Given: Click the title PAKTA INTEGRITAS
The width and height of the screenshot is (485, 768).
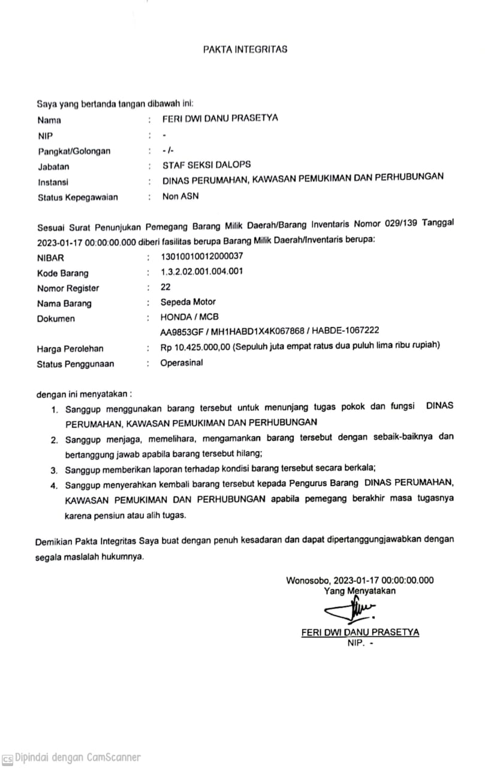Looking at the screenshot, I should pos(245,49).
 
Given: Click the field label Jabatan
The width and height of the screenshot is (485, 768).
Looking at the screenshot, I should pos(53,167).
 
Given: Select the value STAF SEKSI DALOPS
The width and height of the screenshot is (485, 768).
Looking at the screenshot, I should pos(207,164).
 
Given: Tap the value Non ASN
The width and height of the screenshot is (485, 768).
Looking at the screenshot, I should pos(180,196).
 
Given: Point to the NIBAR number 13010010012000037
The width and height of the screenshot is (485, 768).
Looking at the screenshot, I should pos(202,256).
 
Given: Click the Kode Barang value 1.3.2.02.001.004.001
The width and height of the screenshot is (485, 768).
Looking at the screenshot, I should pos(201,271).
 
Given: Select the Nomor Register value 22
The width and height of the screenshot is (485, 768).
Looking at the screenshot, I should pos(165,287).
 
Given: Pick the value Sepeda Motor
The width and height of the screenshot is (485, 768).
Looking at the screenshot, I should pos(188,302).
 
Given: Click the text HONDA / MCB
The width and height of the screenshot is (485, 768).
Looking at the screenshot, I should pos(185,317).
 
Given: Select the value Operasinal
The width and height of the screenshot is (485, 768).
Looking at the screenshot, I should pos(182,363).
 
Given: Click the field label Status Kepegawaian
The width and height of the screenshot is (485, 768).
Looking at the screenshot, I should pos(77,197).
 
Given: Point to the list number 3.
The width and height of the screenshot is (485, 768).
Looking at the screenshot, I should pos(54,469).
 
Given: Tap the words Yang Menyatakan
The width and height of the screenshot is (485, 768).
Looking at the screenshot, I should pos(360,591).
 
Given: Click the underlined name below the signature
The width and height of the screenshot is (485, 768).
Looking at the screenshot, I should pos(360,632).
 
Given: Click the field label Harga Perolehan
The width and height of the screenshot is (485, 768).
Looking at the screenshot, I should pos(70,348).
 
